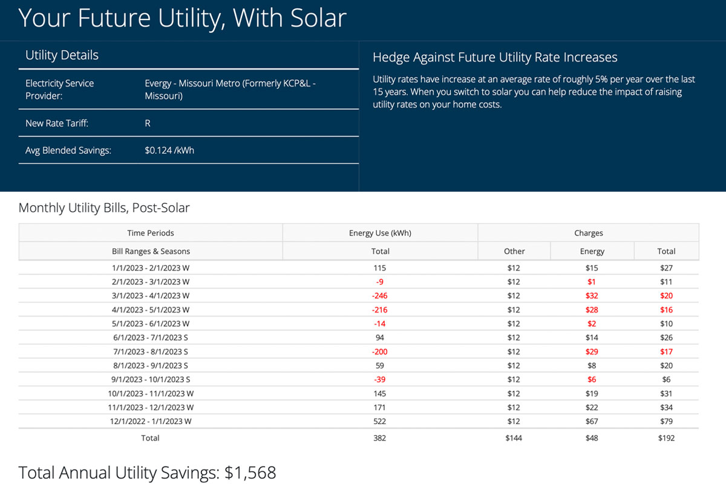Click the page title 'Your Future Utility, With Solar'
(182, 18)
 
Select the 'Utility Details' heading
(62, 55)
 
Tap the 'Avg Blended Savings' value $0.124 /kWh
(169, 150)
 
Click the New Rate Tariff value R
(148, 123)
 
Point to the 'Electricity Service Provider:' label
(59, 90)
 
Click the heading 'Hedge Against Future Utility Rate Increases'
(495, 57)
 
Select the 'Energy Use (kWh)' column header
(380, 233)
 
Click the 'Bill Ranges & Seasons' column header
(151, 251)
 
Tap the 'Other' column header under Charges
(514, 251)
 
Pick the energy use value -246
(380, 296)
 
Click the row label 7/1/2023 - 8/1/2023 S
(151, 352)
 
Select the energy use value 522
(380, 421)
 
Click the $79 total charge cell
(666, 421)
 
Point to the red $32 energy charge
(592, 296)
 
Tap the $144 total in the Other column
(514, 438)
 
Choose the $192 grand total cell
(666, 438)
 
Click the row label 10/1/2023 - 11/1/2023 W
(151, 393)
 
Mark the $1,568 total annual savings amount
(250, 473)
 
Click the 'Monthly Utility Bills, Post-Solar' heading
(104, 208)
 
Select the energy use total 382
(380, 438)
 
